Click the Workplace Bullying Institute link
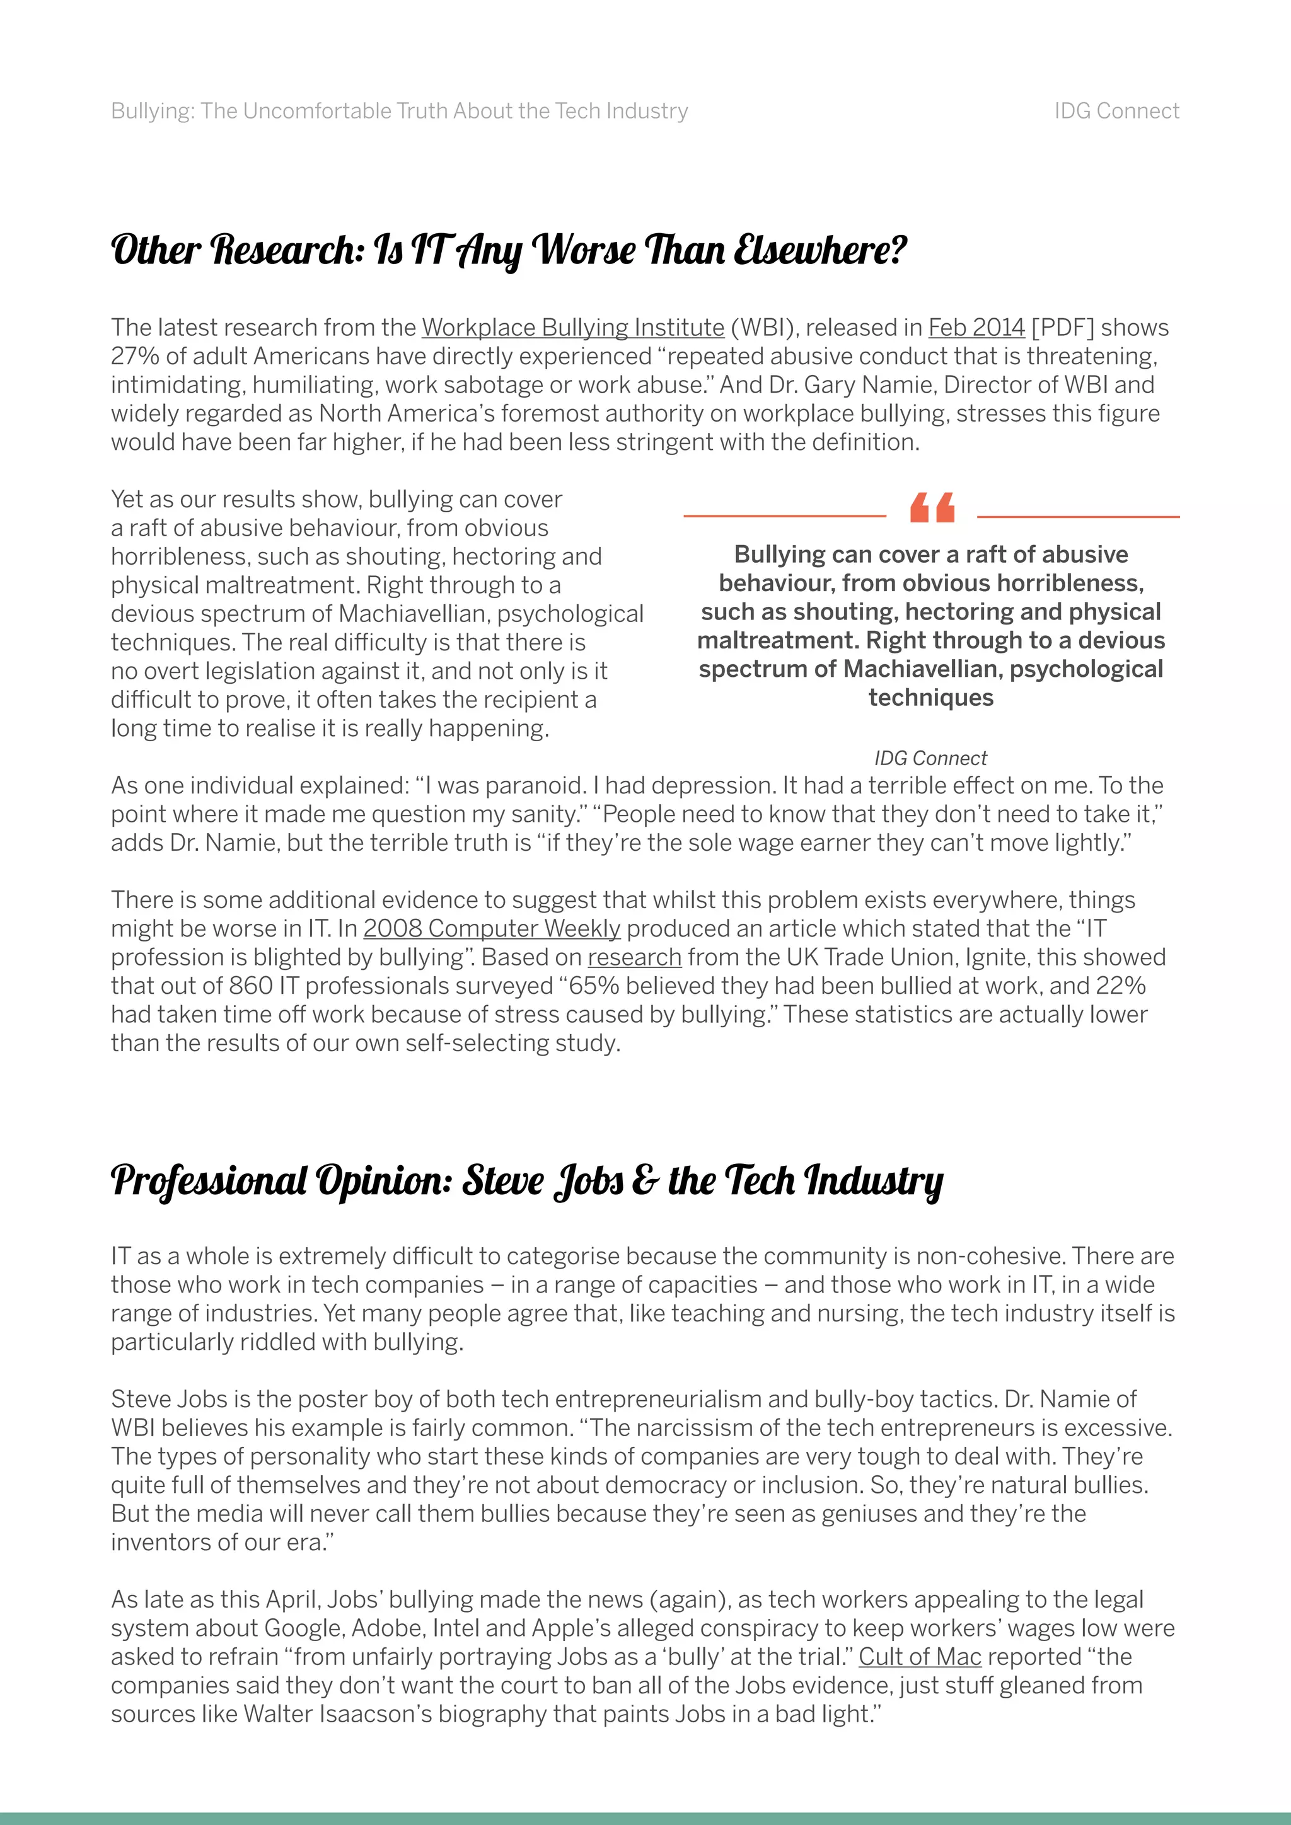click(572, 328)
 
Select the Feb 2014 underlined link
click(976, 328)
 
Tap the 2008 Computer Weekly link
click(491, 928)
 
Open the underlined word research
click(634, 957)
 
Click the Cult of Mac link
click(920, 1657)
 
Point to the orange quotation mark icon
click(932, 508)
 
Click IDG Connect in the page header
click(1116, 112)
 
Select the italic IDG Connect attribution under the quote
click(930, 758)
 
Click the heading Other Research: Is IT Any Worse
click(509, 250)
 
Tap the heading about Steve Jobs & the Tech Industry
click(526, 1181)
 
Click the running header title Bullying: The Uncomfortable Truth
click(399, 112)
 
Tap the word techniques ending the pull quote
click(930, 698)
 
